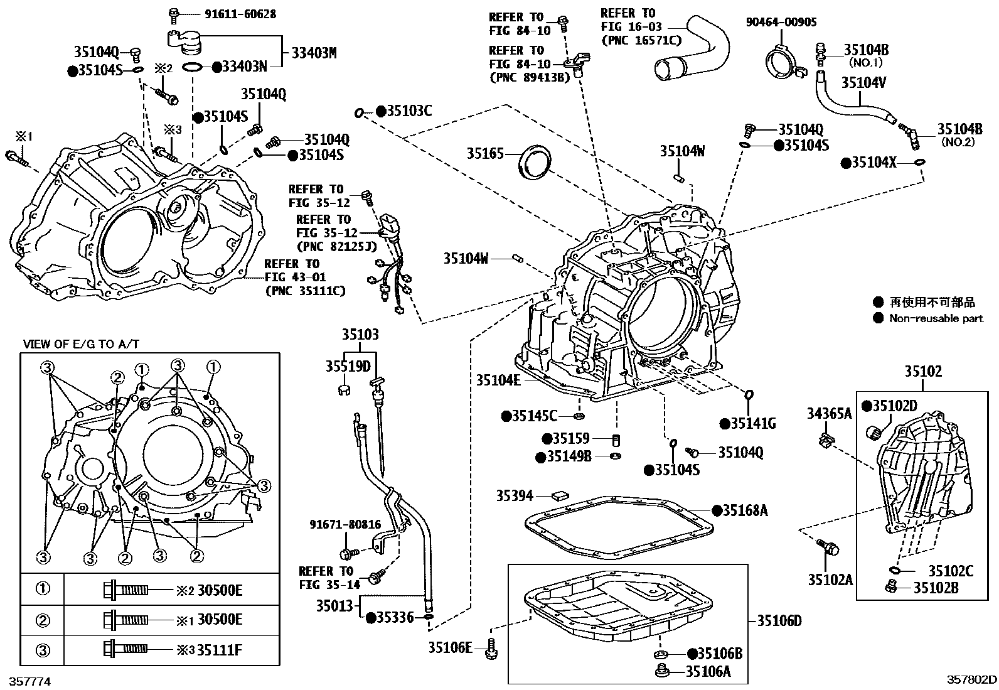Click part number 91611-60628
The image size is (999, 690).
230,13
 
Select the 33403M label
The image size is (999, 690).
313,53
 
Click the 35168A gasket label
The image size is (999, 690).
744,510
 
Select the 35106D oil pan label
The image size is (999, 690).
779,621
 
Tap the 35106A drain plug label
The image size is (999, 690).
708,671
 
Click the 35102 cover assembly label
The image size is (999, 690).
922,371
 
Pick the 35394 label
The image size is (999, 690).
515,496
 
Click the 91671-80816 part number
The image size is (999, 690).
345,524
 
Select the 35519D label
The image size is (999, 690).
348,366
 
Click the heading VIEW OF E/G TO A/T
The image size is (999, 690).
81,344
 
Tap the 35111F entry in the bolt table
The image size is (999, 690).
219,650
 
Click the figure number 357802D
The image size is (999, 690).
971,679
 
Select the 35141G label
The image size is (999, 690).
752,424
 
